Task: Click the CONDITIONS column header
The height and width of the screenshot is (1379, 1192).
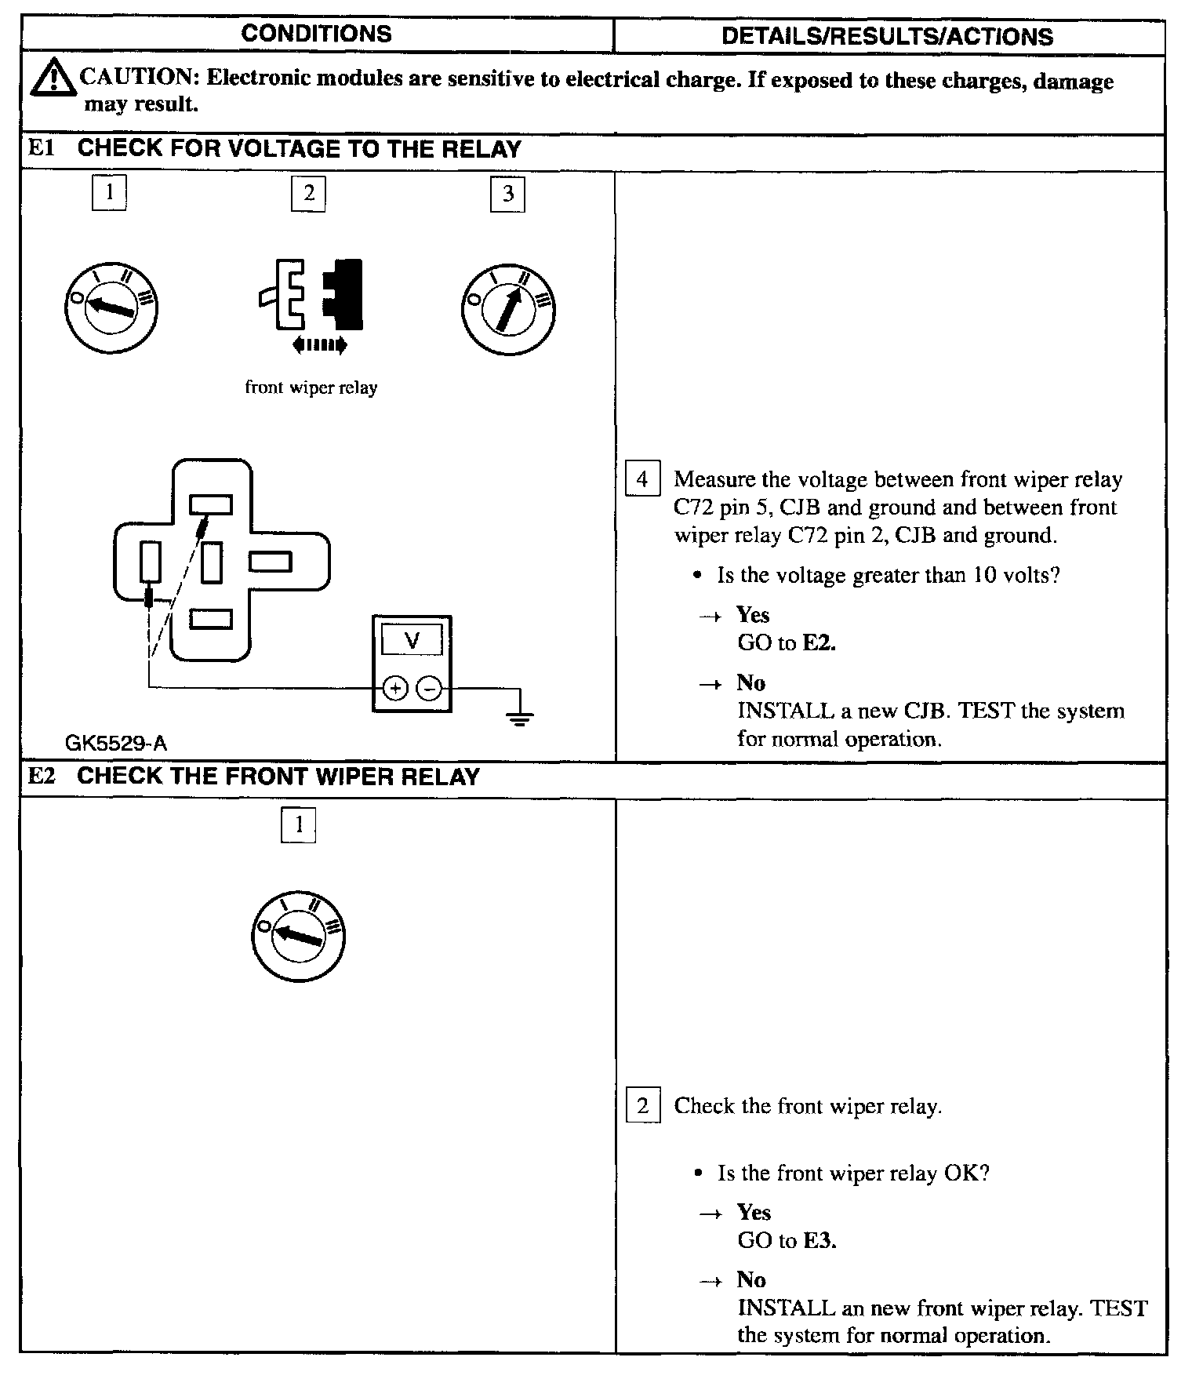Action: coord(316,34)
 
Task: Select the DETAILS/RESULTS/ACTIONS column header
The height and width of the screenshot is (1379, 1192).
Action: coord(887,37)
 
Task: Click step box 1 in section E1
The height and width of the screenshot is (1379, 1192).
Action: coord(109,191)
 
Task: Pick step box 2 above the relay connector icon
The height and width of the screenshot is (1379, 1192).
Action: coord(308,193)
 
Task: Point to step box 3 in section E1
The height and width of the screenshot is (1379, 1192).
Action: coord(507,194)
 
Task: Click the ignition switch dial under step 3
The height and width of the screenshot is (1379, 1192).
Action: coord(509,308)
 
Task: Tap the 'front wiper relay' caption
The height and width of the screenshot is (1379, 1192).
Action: coord(311,388)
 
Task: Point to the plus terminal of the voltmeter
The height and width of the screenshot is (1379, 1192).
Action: coord(395,689)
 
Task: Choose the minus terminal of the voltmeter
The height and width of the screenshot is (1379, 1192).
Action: coord(429,689)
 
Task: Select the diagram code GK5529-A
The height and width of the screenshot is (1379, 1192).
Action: coord(116,743)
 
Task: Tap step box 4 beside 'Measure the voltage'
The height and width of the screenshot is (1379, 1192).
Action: coord(642,479)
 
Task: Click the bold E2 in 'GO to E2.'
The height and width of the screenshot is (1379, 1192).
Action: coord(819,643)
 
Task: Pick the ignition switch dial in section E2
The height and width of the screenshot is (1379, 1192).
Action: coord(299,936)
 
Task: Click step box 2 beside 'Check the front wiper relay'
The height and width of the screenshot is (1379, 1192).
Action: coord(643,1106)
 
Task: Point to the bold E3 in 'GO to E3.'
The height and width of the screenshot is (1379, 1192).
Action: coord(819,1240)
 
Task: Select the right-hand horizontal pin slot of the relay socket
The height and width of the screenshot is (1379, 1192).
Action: coord(271,562)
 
